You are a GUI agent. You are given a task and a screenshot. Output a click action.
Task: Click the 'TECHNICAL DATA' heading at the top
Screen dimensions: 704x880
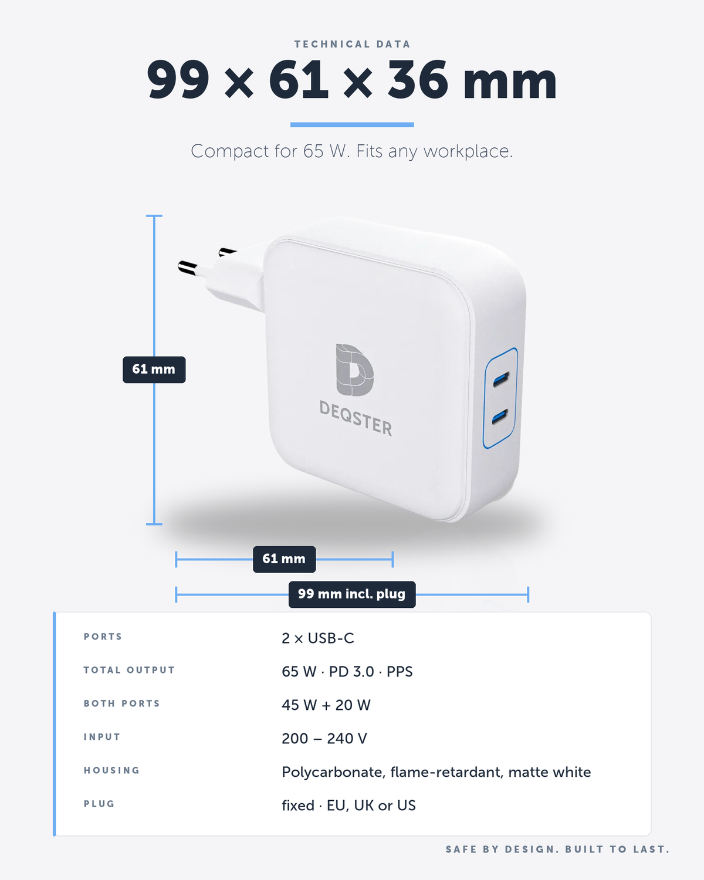[352, 44]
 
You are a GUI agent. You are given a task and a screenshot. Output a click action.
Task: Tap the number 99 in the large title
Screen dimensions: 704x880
[178, 79]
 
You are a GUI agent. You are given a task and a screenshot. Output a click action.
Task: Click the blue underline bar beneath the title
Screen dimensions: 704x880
[352, 125]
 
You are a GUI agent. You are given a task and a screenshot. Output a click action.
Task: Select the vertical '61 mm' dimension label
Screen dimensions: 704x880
[154, 370]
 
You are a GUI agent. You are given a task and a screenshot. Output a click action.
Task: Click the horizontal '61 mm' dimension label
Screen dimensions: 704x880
[285, 559]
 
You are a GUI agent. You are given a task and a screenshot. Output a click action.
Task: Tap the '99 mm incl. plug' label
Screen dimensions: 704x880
[352, 594]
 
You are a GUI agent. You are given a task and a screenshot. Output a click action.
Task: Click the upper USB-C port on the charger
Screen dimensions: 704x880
[500, 379]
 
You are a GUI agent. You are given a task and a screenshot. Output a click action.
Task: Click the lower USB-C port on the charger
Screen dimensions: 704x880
[500, 417]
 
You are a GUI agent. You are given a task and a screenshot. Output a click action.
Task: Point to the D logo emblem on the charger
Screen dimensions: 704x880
[354, 370]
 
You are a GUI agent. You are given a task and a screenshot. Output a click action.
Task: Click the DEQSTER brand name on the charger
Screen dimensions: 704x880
[356, 418]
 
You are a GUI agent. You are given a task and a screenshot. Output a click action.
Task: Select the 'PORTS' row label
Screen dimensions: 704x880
[103, 637]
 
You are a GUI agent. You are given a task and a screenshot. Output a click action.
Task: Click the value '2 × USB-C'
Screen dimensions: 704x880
[318, 638]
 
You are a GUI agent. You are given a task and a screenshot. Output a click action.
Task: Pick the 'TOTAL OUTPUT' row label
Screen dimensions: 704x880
[129, 670]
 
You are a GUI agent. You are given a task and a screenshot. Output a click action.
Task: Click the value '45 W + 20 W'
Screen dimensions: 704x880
[326, 705]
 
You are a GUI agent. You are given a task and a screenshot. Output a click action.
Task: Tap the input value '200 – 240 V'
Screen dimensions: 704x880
[324, 739]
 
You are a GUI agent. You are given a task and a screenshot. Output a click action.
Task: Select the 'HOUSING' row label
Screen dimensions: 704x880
[111, 770]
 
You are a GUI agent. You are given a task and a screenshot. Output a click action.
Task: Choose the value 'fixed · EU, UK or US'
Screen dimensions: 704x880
[348, 805]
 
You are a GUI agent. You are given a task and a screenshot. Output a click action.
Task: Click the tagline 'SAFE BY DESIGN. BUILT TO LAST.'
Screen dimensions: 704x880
[557, 849]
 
